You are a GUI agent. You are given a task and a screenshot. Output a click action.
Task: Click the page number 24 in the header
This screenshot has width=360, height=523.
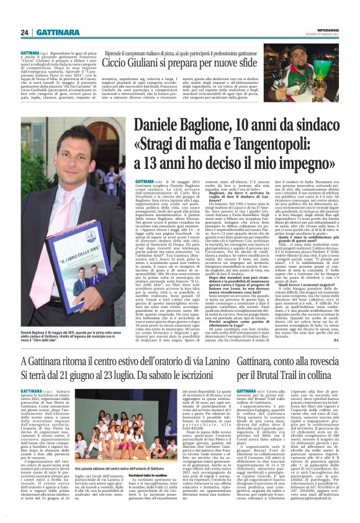[x=25, y=32]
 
